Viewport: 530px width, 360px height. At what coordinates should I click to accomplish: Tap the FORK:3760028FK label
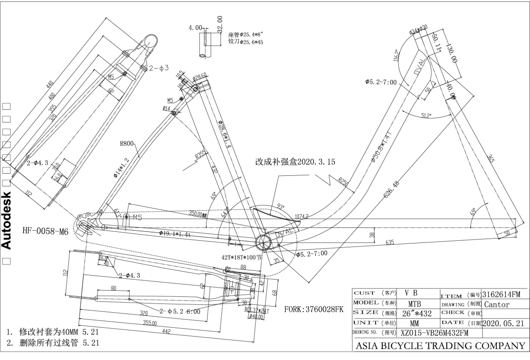pos(314,309)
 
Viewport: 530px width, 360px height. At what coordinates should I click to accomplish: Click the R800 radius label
pos(127,143)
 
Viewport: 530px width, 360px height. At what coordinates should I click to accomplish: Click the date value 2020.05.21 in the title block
pos(504,323)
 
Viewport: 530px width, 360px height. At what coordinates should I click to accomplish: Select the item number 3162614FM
pos(501,293)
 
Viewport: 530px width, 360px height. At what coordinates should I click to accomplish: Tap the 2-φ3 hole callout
pos(159,68)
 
